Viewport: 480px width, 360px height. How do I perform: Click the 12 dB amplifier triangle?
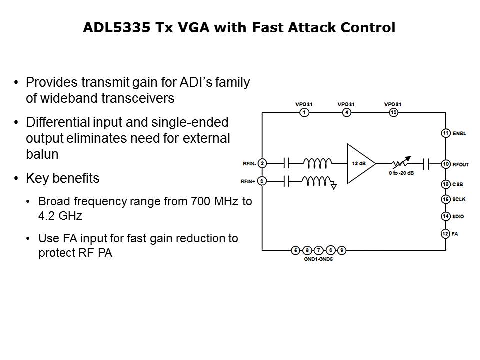pyautogui.click(x=359, y=163)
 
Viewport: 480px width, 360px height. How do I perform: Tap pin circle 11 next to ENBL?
pyautogui.click(x=445, y=133)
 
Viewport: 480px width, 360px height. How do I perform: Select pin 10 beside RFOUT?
pyautogui.click(x=445, y=164)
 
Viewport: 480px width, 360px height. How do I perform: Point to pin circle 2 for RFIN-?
pyautogui.click(x=262, y=163)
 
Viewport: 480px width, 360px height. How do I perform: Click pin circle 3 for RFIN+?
pyautogui.click(x=262, y=181)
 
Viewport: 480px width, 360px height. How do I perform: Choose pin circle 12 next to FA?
pyautogui.click(x=445, y=233)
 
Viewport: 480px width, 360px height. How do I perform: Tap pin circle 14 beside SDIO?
pyautogui.click(x=445, y=216)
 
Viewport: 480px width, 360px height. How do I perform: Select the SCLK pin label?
pyautogui.click(x=459, y=200)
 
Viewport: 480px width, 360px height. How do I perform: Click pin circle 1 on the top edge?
pyautogui.click(x=303, y=113)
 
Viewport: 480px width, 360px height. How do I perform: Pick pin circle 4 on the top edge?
pyautogui.click(x=346, y=113)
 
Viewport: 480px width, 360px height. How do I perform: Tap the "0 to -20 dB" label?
pyautogui.click(x=402, y=173)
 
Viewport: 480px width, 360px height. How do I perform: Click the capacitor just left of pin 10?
pyautogui.click(x=427, y=163)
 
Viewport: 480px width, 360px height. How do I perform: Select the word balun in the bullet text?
pyautogui.click(x=42, y=154)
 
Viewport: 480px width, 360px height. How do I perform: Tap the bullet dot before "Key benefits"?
pyautogui.click(x=17, y=179)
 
